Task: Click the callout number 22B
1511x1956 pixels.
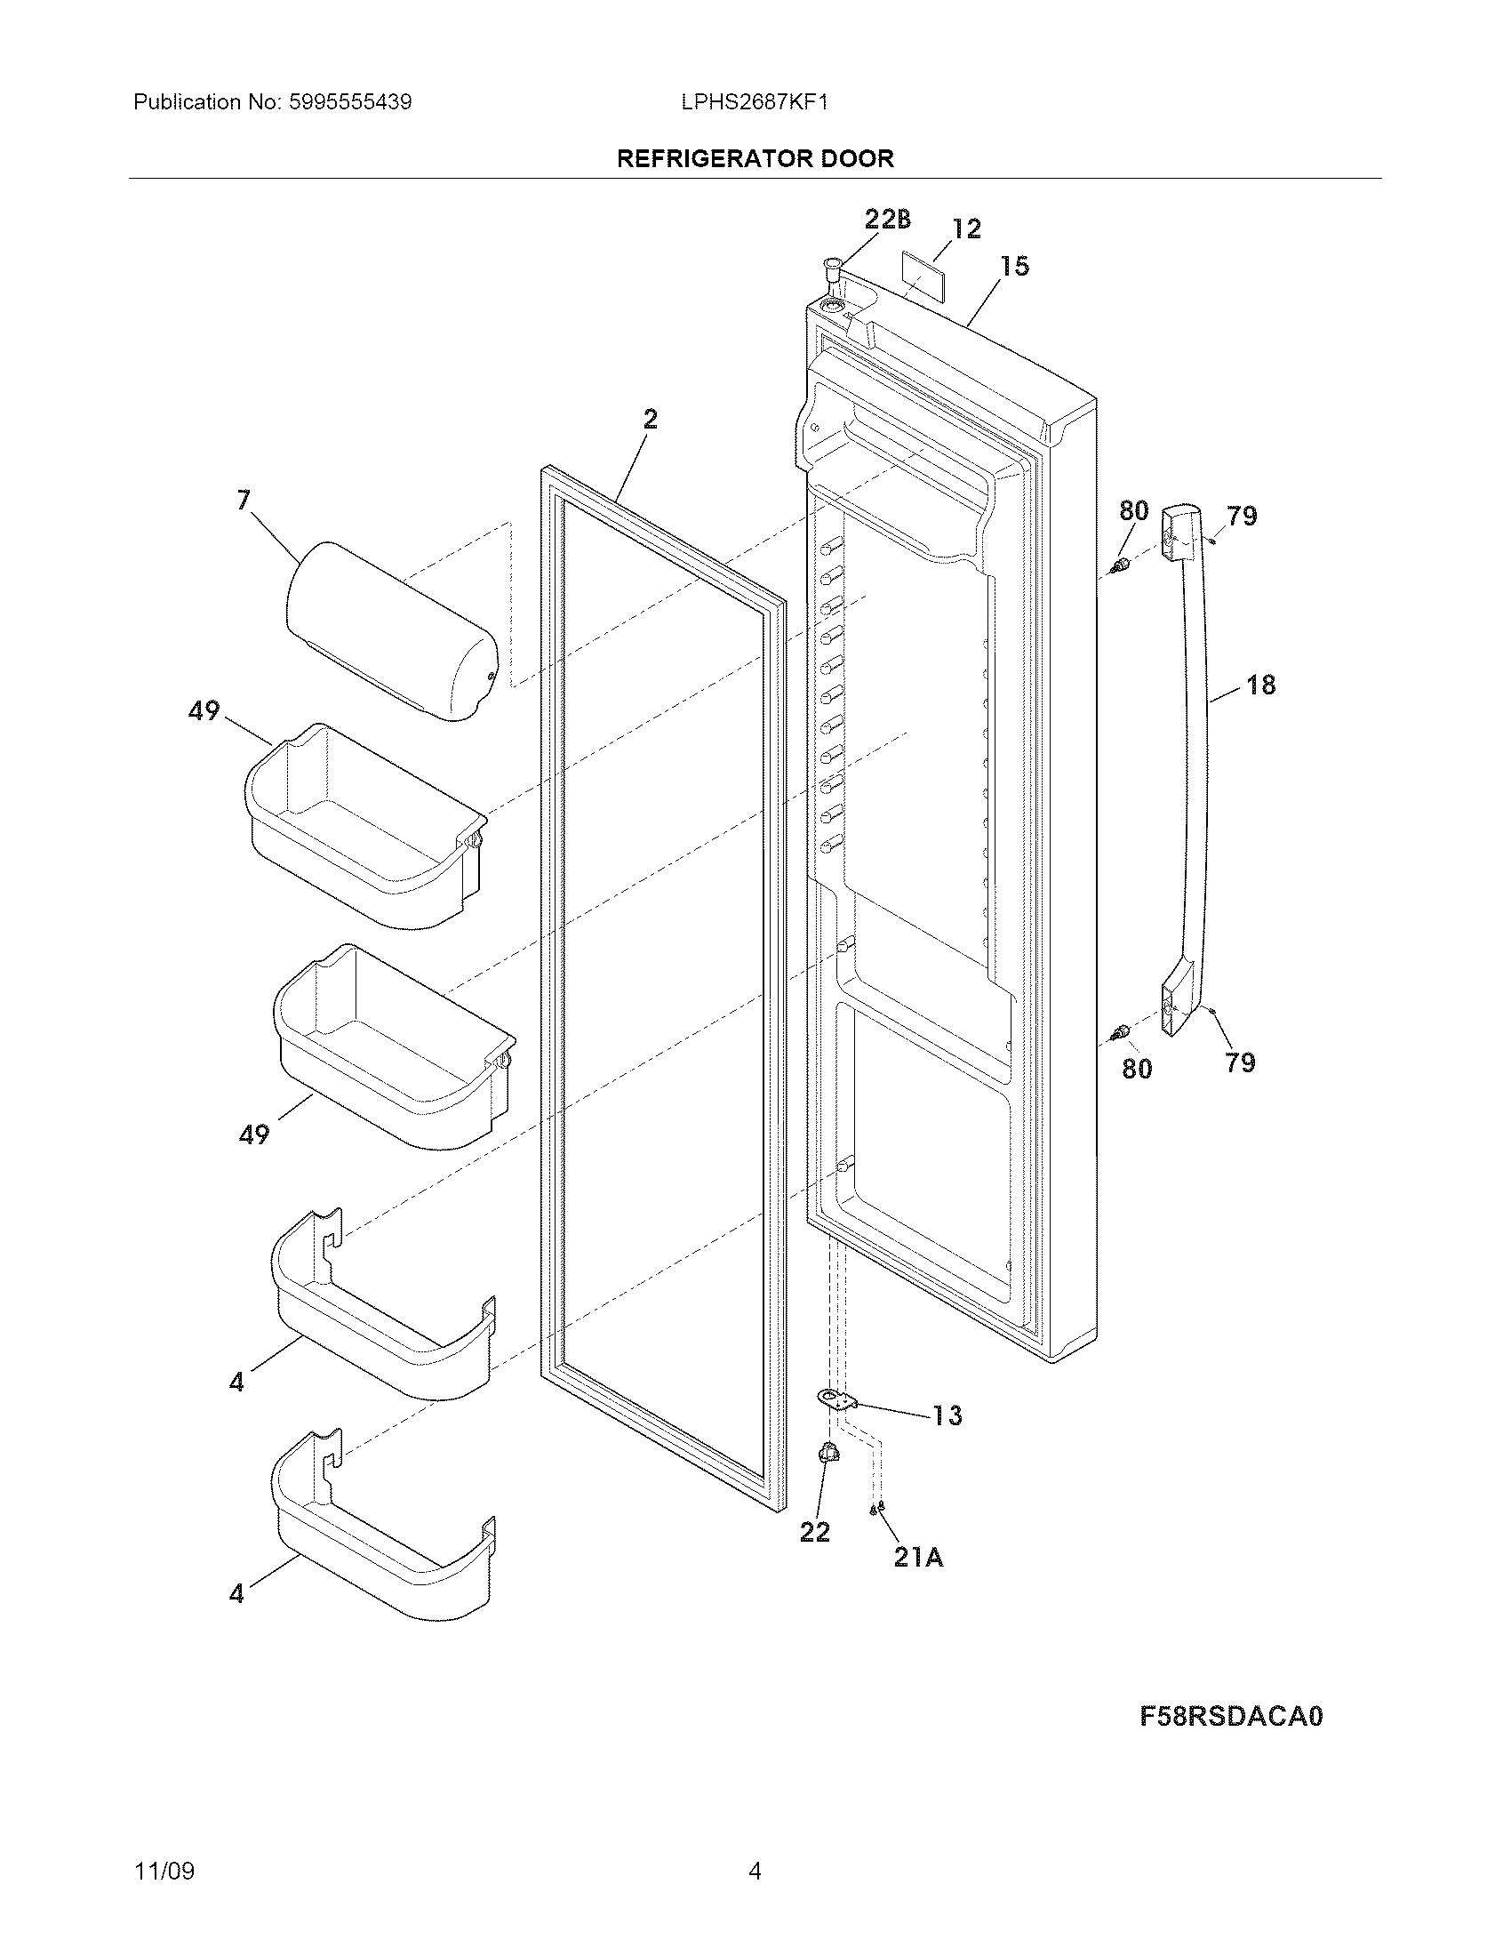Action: (x=887, y=219)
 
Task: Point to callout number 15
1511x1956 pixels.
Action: (x=1014, y=266)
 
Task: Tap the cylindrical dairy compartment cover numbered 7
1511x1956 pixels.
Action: (x=390, y=630)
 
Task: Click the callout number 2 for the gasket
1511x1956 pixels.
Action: (x=650, y=418)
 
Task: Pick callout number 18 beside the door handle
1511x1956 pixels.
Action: (x=1260, y=685)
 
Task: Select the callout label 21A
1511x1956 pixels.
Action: (x=918, y=1558)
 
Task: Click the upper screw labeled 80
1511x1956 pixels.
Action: (x=1118, y=566)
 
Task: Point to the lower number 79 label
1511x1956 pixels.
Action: (x=1240, y=1062)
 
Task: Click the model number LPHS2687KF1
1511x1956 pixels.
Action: (x=754, y=102)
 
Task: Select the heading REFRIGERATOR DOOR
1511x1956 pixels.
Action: (x=755, y=158)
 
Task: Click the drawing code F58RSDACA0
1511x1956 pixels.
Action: (x=1231, y=1741)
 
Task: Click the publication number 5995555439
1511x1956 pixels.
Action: (x=350, y=102)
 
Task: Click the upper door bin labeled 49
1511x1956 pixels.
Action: (x=363, y=824)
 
